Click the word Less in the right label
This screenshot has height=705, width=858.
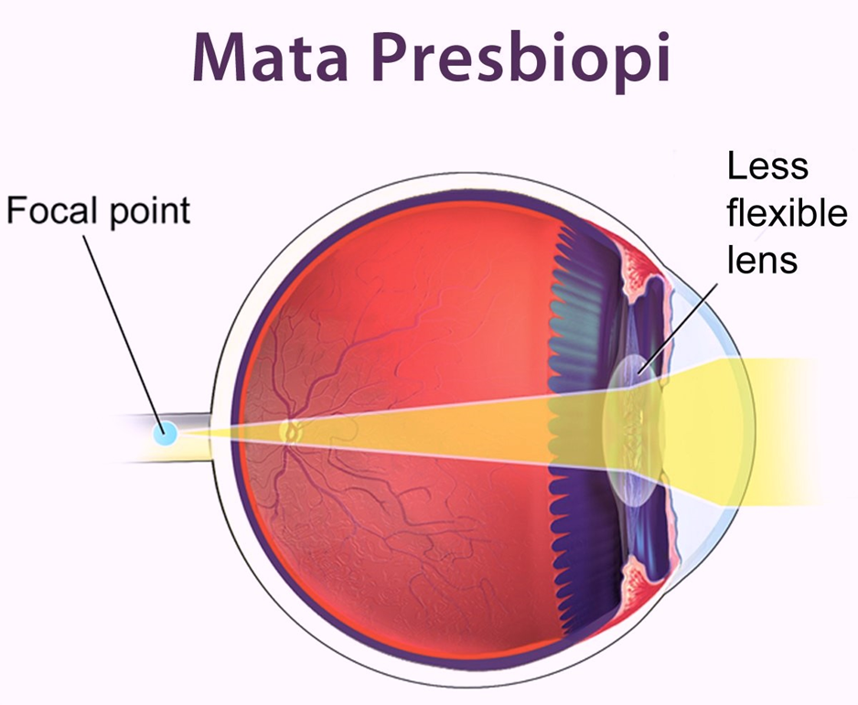tap(767, 166)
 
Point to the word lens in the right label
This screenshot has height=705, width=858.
tap(762, 260)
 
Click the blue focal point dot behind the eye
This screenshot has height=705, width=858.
tap(166, 431)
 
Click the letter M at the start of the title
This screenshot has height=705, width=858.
tap(220, 57)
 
